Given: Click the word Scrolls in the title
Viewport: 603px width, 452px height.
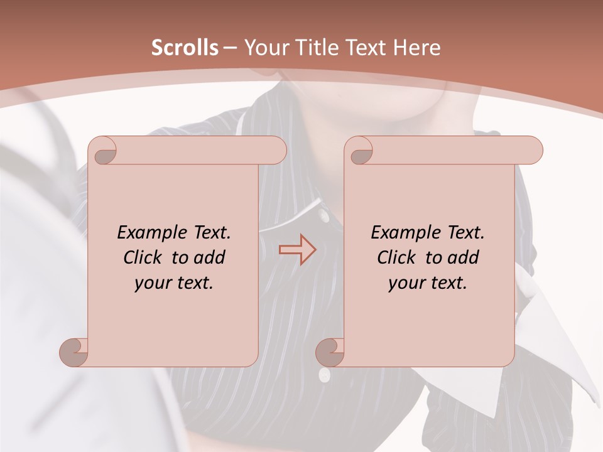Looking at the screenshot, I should click(185, 48).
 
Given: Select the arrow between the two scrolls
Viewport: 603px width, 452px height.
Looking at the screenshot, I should click(297, 249).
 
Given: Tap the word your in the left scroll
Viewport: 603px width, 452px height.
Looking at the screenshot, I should click(151, 283).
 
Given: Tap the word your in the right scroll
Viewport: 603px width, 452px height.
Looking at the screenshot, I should click(405, 283).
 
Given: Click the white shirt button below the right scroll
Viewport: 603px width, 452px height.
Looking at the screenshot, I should click(324, 375).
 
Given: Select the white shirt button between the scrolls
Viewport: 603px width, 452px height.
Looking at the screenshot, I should click(324, 216).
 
